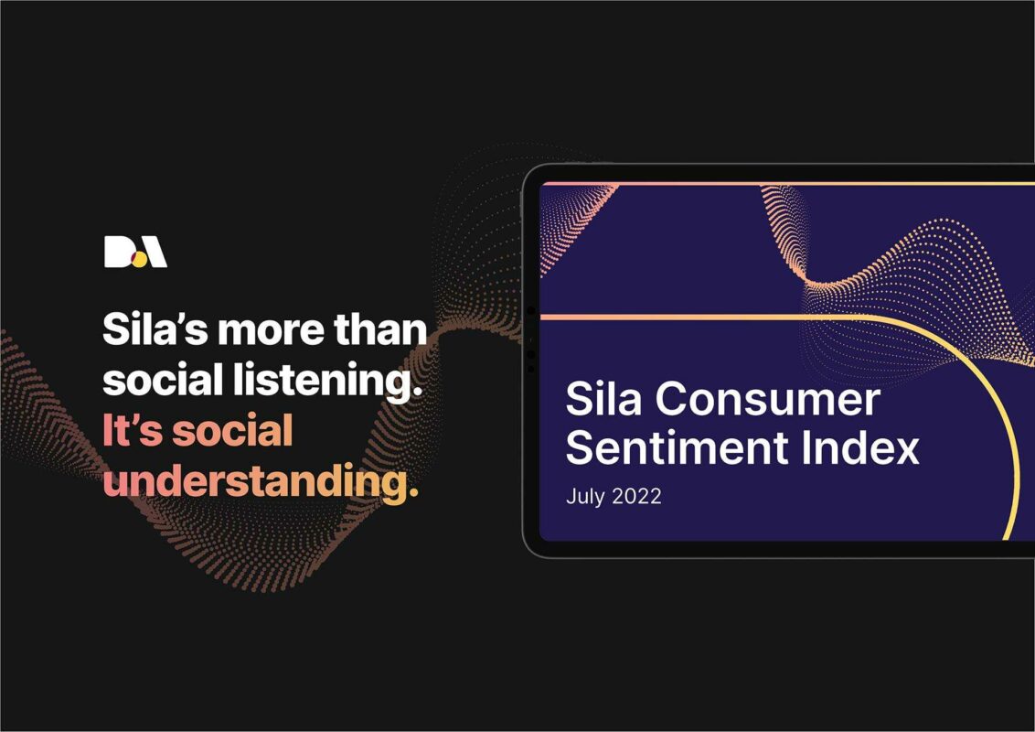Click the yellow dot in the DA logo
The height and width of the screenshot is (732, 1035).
[x=139, y=260]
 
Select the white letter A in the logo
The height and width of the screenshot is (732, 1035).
[x=154, y=252]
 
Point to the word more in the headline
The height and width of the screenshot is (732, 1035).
[x=271, y=330]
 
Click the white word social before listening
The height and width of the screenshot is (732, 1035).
[x=163, y=380]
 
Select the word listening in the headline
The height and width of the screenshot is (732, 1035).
[x=325, y=382]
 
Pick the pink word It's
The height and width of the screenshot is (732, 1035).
[x=132, y=431]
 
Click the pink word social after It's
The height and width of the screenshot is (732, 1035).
[x=232, y=431]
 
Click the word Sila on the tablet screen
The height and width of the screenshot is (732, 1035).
[x=603, y=399]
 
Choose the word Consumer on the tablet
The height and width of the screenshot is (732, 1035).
[x=768, y=400]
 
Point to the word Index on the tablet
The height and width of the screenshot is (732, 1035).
[x=860, y=447]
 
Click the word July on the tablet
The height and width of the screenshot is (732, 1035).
[x=585, y=496]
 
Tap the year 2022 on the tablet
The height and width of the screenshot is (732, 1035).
[x=635, y=496]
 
